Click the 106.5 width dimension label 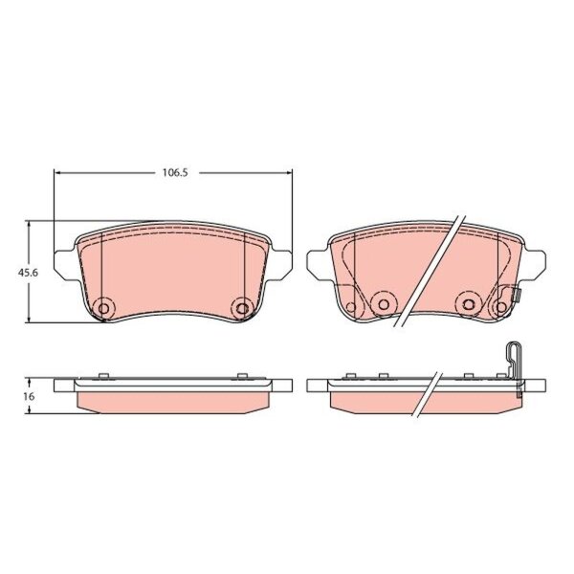(175, 173)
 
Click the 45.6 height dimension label (28, 273)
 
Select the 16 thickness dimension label (29, 396)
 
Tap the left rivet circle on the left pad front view (103, 308)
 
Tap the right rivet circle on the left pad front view (242, 308)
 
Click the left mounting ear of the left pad (65, 265)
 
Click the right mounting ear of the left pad (280, 265)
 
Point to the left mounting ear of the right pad (319, 265)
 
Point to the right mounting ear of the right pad (534, 265)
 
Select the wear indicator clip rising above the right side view (515, 368)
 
